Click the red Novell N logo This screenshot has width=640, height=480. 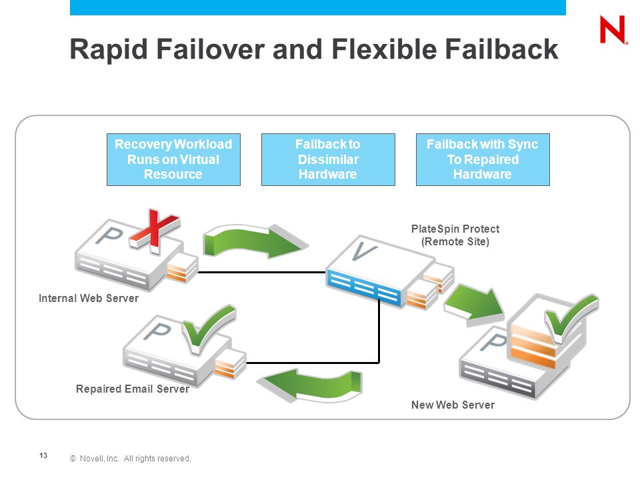coord(613,29)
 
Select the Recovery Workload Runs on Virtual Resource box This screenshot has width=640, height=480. coord(173,159)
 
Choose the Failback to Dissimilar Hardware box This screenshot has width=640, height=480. coord(328,159)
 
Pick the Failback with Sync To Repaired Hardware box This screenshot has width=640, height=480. coord(483,159)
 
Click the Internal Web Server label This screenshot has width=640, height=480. coord(89,299)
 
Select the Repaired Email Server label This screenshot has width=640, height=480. coord(133,389)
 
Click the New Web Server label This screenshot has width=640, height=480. coord(453,405)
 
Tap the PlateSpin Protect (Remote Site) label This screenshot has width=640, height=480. coord(455,235)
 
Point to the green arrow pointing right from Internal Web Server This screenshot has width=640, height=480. coord(255,241)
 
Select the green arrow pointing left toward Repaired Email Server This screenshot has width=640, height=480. coord(309,385)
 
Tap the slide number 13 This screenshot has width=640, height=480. coord(43,455)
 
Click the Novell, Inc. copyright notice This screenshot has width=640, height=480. coord(130,459)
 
